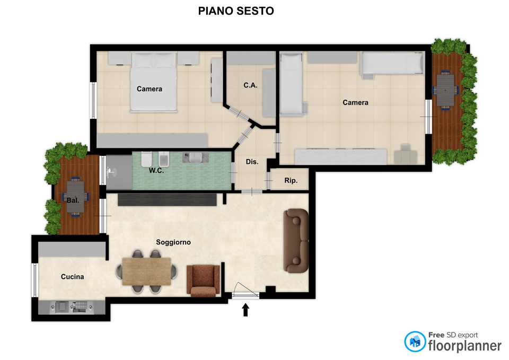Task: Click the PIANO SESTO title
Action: pyautogui.click(x=236, y=11)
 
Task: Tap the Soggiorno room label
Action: pyautogui.click(x=173, y=242)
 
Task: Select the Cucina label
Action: pyautogui.click(x=73, y=277)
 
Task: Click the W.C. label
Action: pyautogui.click(x=156, y=170)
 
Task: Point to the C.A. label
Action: pyautogui.click(x=250, y=85)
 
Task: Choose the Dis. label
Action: pyautogui.click(x=252, y=162)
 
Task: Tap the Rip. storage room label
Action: pyautogui.click(x=291, y=180)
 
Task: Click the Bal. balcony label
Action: pyautogui.click(x=73, y=200)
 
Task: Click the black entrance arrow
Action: pyautogui.click(x=245, y=310)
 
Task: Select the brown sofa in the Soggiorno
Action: pyautogui.click(x=296, y=241)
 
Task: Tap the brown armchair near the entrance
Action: pyautogui.click(x=203, y=281)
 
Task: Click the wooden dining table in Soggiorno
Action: pyautogui.click(x=147, y=271)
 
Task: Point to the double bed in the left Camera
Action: pyautogui.click(x=154, y=82)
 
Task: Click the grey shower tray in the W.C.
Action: pyautogui.click(x=119, y=172)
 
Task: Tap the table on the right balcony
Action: pyautogui.click(x=445, y=90)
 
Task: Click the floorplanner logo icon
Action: pyautogui.click(x=415, y=341)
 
